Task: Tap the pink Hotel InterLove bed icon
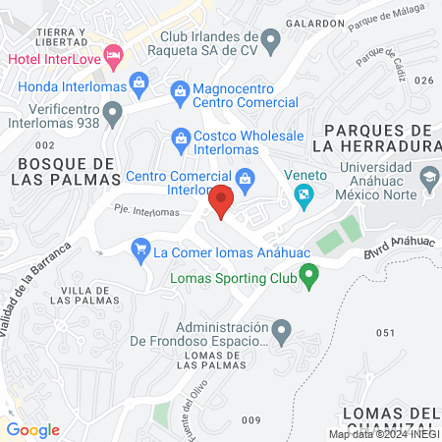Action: point(113,55)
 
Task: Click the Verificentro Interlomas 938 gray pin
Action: point(114,113)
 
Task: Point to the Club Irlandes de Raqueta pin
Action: point(273,38)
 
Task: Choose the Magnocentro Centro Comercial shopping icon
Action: point(181,91)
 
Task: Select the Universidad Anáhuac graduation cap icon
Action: point(428,178)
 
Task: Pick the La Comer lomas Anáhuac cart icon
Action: point(140,251)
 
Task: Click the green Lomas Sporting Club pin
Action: point(310,279)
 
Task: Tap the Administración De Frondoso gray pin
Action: point(281,329)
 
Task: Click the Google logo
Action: point(32,430)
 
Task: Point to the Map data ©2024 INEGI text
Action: point(384,434)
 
